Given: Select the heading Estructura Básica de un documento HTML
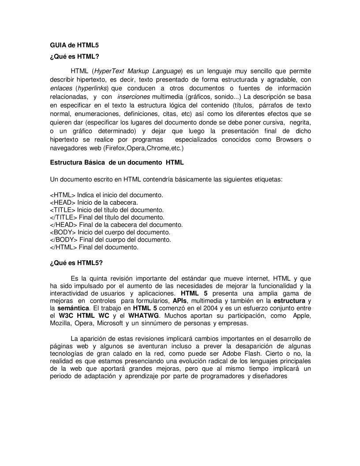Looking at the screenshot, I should (x=116, y=163).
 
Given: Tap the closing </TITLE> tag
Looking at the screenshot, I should (x=64, y=217).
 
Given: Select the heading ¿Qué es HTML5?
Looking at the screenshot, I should (x=76, y=263).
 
